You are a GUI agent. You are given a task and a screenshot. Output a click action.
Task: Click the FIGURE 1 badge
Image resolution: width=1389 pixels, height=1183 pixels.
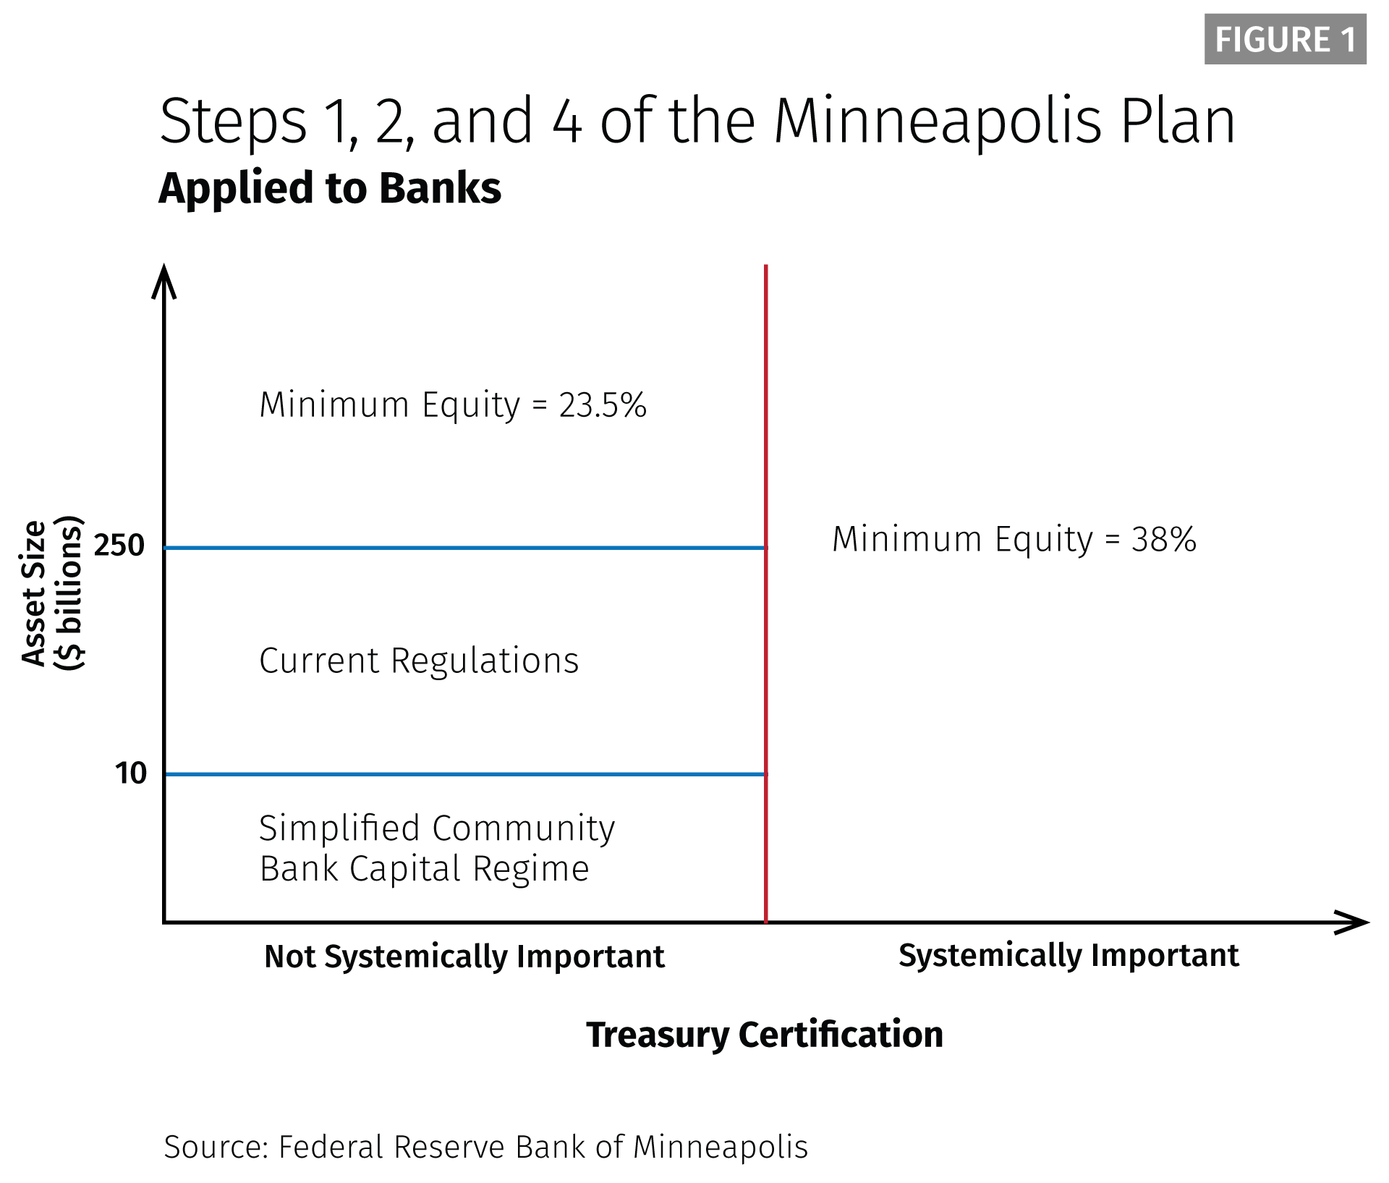1285,39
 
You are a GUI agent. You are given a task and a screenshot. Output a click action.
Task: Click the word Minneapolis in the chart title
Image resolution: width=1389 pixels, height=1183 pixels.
938,122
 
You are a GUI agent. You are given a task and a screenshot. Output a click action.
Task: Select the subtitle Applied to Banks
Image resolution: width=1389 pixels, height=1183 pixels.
330,189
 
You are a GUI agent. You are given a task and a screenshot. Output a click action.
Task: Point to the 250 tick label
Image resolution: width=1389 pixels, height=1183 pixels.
119,546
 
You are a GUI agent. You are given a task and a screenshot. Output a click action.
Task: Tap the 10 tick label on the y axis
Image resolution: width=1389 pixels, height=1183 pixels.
131,773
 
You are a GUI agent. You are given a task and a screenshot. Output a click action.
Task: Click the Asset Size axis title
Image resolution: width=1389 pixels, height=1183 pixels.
52,593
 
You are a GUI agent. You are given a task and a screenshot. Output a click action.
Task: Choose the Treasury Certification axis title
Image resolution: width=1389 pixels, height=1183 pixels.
765,1035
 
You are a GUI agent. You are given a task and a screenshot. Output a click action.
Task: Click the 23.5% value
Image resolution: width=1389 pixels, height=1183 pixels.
603,405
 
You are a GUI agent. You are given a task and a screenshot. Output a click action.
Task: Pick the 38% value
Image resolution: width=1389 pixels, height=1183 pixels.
1164,540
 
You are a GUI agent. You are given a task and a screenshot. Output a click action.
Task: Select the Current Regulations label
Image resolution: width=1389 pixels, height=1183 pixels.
419,661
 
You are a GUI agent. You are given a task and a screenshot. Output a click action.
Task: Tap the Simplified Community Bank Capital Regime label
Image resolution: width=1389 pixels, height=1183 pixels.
437,849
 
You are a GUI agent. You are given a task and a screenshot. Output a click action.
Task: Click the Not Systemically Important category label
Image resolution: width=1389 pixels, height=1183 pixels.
464,957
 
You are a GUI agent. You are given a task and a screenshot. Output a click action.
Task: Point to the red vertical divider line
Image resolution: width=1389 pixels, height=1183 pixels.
765,593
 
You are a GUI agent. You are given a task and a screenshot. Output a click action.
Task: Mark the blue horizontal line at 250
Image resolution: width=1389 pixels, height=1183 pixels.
465,548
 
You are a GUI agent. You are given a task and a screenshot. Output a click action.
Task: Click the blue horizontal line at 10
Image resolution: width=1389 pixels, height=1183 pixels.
465,774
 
